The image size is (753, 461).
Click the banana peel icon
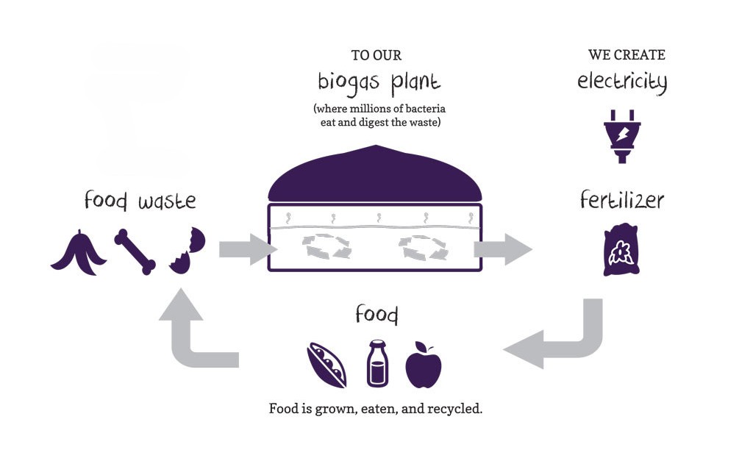point(79,253)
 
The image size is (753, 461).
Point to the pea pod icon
point(326,362)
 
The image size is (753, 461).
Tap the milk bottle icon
point(379,363)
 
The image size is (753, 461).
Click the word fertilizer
point(621,200)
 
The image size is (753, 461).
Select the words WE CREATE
point(627,55)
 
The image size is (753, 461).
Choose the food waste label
point(140,200)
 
